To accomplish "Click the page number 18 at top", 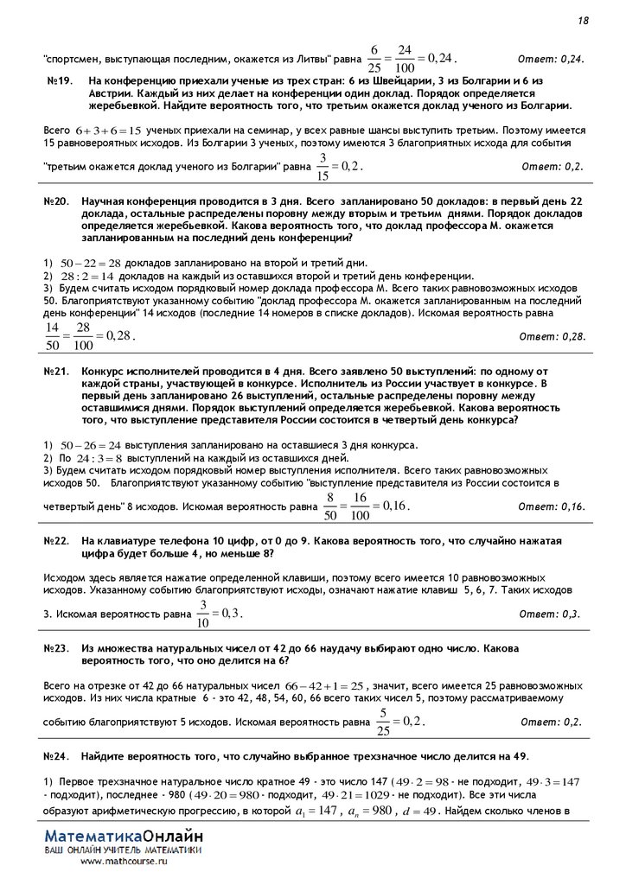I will point(584,20).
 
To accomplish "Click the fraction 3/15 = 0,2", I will point(340,164).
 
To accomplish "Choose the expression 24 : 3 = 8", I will point(99,458).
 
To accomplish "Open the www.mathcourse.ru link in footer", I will point(124,862).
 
